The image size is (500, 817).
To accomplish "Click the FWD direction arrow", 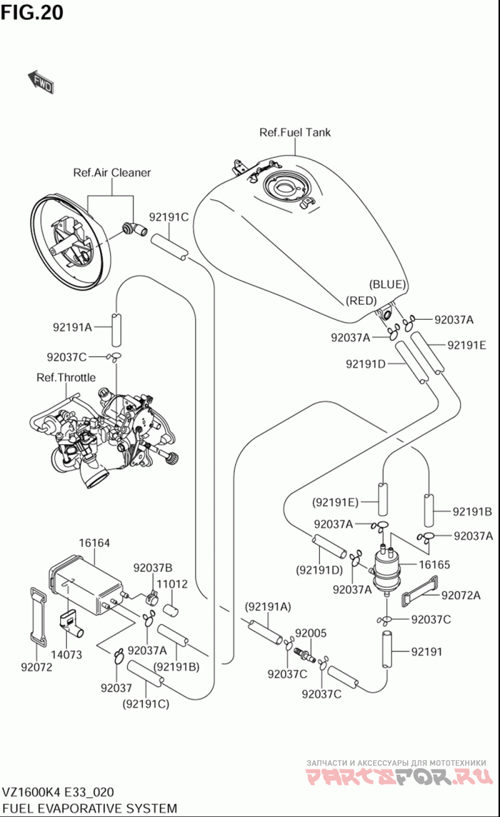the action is click(41, 82).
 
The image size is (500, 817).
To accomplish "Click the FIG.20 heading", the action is click(32, 12).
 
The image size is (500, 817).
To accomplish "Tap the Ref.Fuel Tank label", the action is click(295, 132).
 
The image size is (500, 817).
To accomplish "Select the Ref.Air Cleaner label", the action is click(112, 172).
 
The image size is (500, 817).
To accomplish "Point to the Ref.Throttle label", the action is click(66, 377).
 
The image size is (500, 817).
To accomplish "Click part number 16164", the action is click(94, 543).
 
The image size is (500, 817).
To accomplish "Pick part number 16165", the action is click(434, 565).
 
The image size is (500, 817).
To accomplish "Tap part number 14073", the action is click(66, 655).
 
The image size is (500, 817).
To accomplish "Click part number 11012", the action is click(172, 584).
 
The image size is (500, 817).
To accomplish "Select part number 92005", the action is click(311, 633).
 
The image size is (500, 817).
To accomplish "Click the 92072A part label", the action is click(461, 595).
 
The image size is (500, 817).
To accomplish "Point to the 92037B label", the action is click(153, 568).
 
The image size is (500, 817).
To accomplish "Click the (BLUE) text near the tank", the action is click(387, 284).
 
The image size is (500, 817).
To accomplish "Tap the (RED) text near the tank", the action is click(361, 300).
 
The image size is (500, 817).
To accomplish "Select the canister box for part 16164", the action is click(87, 584).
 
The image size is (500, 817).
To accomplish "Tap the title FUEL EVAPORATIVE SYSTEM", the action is click(90, 808).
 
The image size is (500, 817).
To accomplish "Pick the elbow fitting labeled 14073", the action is click(71, 625).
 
